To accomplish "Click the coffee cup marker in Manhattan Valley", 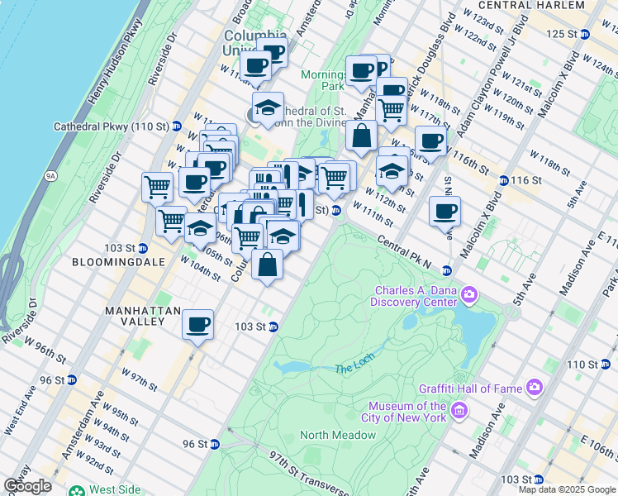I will click(197, 324).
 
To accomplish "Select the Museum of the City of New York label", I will click(407, 411).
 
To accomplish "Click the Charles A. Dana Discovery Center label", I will click(416, 295).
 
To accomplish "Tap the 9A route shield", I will click(50, 175).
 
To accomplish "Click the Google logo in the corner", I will click(27, 486).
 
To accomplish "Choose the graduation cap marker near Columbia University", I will click(267, 107).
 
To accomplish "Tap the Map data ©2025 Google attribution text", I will click(566, 489).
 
